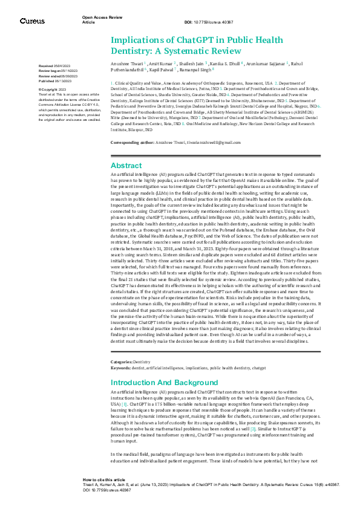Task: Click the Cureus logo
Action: point(32,21)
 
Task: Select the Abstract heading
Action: point(126,148)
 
